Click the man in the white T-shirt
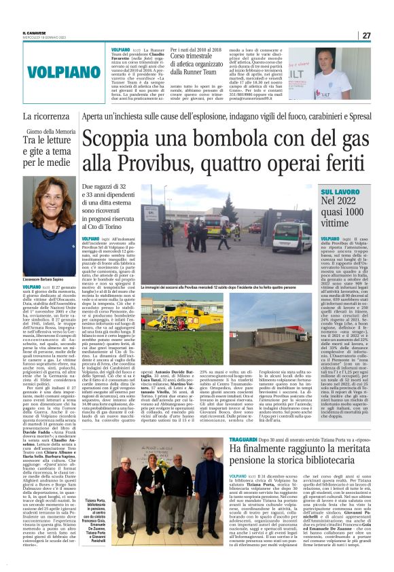[x=344, y=69]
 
